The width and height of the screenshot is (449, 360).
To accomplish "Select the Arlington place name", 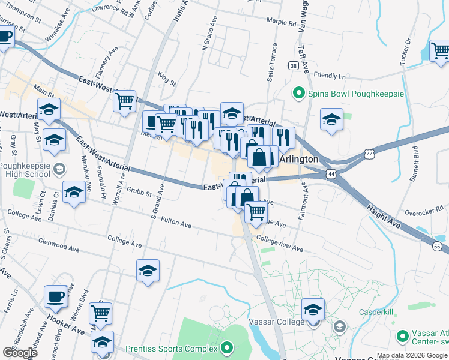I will (x=298, y=159).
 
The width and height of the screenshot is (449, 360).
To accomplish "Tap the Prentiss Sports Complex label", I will (x=171, y=349).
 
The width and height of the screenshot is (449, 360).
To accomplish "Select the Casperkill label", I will (x=376, y=312).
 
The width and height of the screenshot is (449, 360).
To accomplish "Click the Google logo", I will (x=20, y=353).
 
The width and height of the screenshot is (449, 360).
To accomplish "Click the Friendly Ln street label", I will (x=330, y=76).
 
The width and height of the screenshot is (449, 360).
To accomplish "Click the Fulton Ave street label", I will (x=176, y=225).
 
